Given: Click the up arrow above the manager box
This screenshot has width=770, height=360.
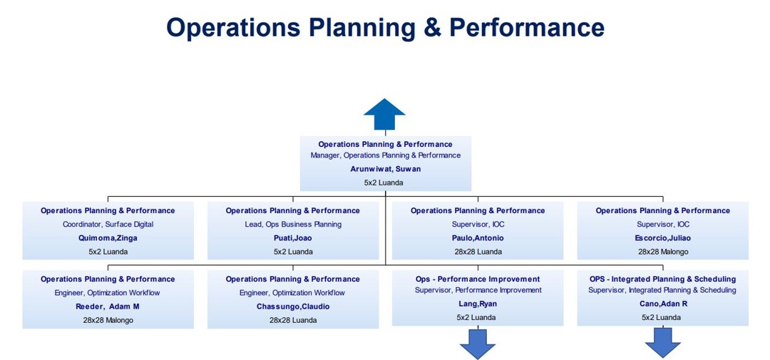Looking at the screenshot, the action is click(x=384, y=114).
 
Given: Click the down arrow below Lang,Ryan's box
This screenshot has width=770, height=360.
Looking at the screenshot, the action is click(x=477, y=344).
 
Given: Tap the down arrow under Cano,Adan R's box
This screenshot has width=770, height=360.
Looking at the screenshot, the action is click(x=662, y=343).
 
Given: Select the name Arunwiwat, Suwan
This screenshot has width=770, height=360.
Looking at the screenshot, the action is click(x=386, y=169).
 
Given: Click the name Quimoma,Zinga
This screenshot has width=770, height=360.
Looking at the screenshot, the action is click(x=108, y=238).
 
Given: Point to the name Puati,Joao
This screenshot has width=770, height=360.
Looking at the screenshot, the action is click(x=293, y=238).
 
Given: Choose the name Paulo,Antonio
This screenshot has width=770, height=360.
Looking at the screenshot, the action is click(x=478, y=238).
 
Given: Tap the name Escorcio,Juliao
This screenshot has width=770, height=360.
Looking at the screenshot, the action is click(x=663, y=238).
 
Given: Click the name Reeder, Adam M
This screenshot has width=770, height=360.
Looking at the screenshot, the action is click(x=108, y=307).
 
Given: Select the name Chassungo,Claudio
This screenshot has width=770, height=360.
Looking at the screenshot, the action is click(x=293, y=307).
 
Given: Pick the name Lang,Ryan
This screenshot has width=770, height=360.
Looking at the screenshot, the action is click(x=478, y=304).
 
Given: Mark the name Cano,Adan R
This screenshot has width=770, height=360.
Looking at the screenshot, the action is click(x=663, y=304).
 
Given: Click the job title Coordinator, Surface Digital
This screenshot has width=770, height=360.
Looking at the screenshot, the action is click(x=108, y=225).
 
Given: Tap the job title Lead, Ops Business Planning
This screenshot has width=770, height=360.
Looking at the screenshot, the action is click(x=293, y=225).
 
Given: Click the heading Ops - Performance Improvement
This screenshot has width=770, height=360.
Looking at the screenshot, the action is click(x=478, y=279).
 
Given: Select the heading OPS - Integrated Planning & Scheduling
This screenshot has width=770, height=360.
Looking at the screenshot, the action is click(x=663, y=279).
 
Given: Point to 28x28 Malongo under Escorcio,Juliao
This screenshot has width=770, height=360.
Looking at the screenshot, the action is click(x=663, y=252).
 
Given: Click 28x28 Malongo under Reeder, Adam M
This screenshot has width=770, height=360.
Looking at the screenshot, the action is click(x=108, y=320).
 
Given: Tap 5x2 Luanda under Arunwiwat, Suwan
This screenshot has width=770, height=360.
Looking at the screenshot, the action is click(x=386, y=182).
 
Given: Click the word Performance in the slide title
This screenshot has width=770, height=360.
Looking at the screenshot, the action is click(x=527, y=27).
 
